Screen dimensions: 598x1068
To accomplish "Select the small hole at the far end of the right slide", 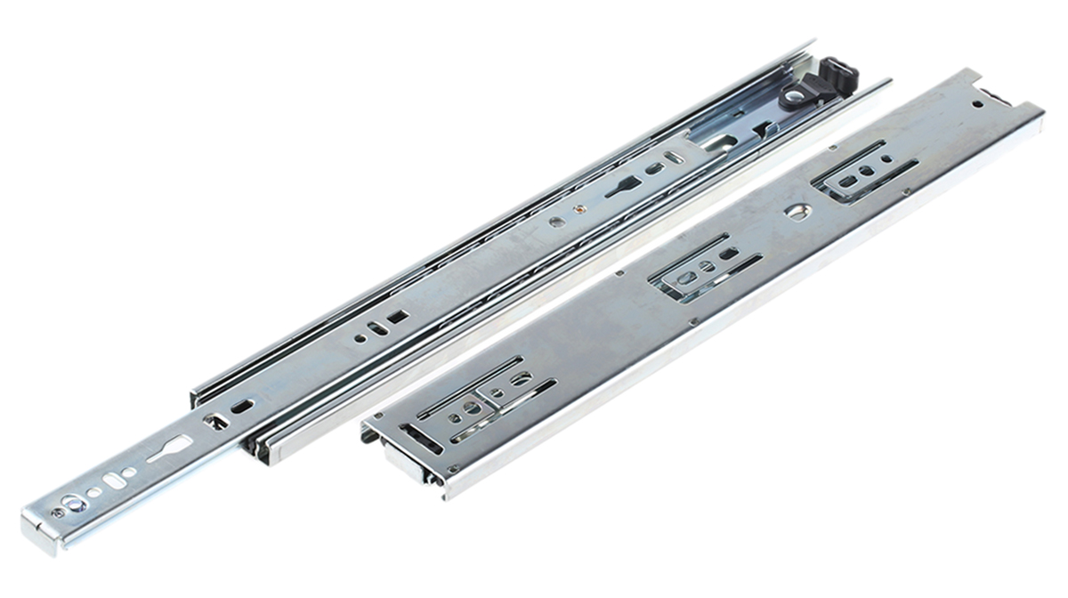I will click(x=977, y=104).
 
